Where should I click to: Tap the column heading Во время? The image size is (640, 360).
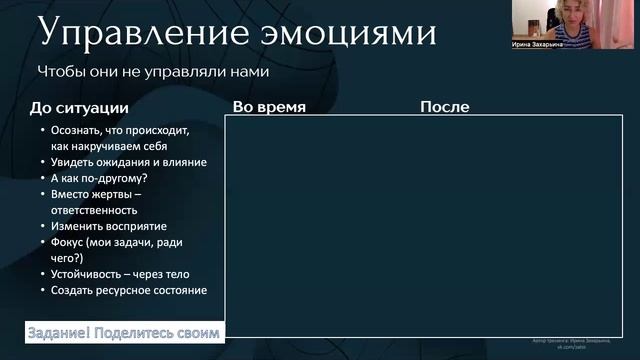[268, 107]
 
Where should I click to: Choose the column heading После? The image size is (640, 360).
[444, 107]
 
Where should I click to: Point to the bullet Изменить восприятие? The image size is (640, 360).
[109, 226]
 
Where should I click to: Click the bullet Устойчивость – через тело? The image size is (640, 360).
[120, 274]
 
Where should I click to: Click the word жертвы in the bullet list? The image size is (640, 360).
[119, 194]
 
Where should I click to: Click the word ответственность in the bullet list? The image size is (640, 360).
[94, 210]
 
